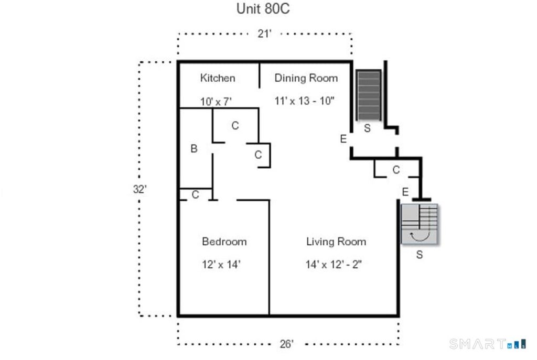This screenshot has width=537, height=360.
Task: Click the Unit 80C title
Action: [263, 8]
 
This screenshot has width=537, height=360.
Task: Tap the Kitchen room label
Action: [218, 78]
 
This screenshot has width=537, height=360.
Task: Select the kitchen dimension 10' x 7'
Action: [216, 102]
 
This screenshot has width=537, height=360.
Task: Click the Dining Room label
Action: [306, 78]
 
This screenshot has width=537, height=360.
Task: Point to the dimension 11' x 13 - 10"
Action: [304, 101]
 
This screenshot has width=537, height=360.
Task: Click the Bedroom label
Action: [224, 242]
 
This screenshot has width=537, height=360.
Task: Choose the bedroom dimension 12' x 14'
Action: [221, 265]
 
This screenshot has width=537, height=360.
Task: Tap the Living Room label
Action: [336, 242]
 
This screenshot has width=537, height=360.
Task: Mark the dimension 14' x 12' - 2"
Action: [334, 265]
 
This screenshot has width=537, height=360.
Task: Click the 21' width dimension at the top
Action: [264, 34]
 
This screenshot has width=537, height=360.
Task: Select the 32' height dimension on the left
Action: [139, 189]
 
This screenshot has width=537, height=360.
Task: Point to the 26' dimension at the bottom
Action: [286, 344]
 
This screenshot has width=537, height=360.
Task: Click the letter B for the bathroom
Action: [194, 148]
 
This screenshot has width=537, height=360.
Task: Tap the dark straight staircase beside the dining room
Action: [369, 95]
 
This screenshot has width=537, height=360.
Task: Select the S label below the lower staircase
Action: [420, 255]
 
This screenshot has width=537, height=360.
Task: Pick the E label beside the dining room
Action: [343, 139]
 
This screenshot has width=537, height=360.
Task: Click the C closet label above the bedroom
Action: [195, 195]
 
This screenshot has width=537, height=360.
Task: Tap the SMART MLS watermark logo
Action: [488, 344]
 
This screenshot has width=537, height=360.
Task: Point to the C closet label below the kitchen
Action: [235, 126]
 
